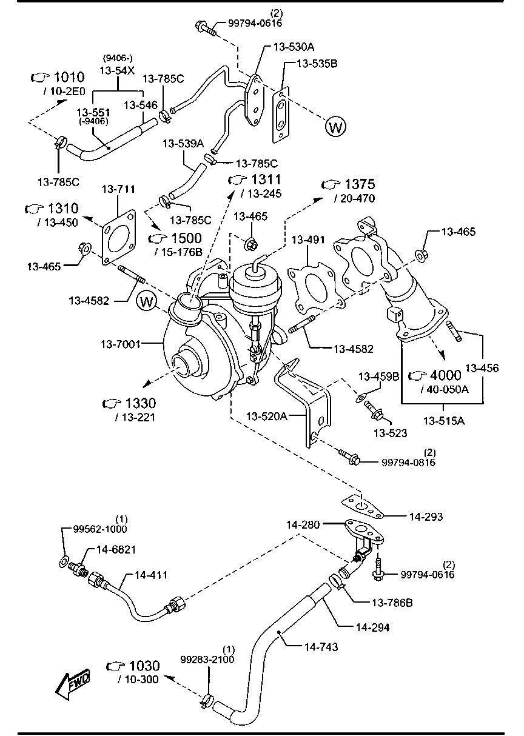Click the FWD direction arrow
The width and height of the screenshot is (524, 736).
pos(72,684)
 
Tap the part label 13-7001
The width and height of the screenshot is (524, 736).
pos(121,344)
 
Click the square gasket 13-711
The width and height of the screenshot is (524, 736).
pos(118,236)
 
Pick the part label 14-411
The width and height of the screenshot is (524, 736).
pos(151,575)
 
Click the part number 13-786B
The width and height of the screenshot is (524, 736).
pos(392,603)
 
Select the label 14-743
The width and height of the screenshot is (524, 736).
pos(321,647)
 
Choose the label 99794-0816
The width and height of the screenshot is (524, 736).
pos(408,462)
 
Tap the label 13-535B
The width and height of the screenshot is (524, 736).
pos(317,63)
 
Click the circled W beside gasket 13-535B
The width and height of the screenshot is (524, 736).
pos(335,127)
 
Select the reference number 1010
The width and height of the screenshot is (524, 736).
pos(69,77)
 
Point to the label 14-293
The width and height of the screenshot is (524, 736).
pos(426,517)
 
